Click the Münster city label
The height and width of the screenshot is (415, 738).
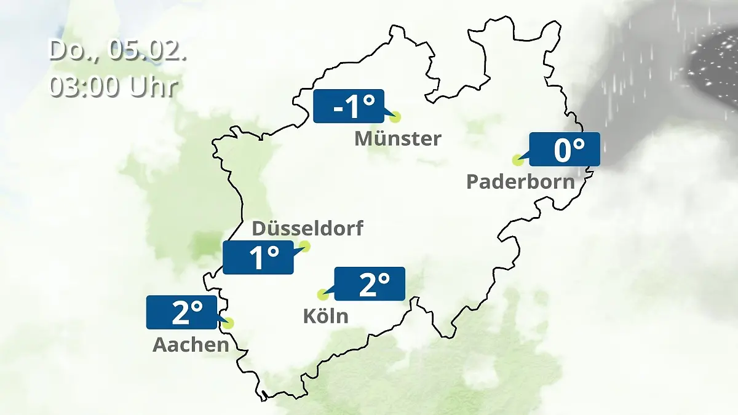[x=398, y=139]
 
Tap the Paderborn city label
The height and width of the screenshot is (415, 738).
[x=520, y=182]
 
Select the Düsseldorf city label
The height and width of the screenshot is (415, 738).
[x=307, y=229]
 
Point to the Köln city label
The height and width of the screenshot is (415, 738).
[x=325, y=316]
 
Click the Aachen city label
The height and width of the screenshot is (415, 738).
[x=191, y=345]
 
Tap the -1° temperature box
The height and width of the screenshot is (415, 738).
[x=349, y=106]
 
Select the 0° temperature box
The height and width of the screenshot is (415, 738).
[x=565, y=149]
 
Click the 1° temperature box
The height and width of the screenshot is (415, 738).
[x=258, y=258]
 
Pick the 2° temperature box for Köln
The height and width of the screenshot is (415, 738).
[x=370, y=283]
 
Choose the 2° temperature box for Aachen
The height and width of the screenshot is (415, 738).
[x=182, y=312]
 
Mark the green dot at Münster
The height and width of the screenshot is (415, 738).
[x=395, y=117]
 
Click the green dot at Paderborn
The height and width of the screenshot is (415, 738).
[x=517, y=160]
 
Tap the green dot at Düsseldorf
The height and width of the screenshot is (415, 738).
[x=304, y=247]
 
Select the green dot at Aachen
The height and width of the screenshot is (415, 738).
[x=229, y=323]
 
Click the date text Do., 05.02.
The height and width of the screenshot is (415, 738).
[x=117, y=50]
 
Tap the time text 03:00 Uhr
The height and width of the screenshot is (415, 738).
[x=113, y=87]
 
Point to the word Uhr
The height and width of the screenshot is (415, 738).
[x=154, y=87]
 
